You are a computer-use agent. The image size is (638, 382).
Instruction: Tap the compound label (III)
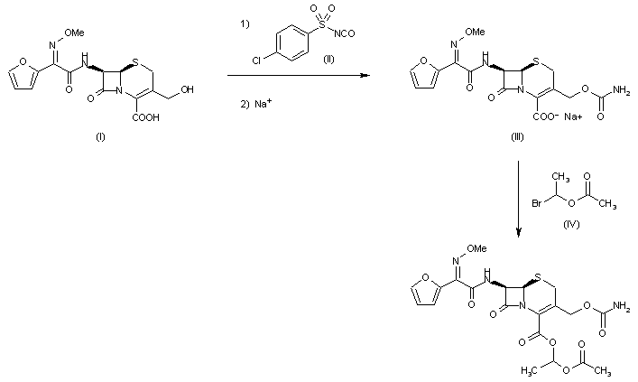tap(515, 143)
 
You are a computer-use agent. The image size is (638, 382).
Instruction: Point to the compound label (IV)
tap(568, 218)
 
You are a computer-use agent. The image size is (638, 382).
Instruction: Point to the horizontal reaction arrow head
tap(365, 76)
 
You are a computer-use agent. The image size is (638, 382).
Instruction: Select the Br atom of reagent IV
tap(541, 204)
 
